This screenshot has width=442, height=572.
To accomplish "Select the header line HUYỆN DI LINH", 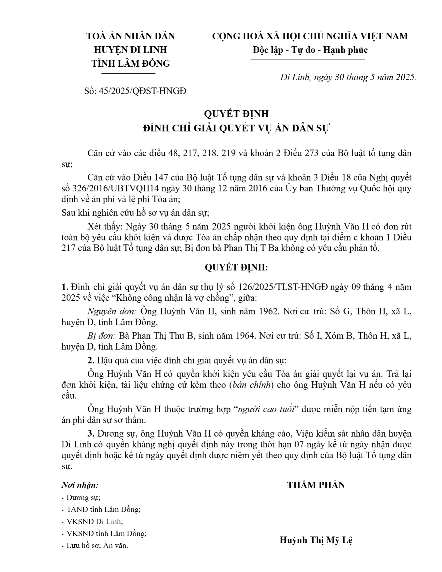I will click(x=131, y=50).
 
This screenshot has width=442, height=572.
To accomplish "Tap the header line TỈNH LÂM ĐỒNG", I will click(x=131, y=64).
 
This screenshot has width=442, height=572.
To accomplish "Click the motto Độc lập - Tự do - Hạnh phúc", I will click(x=310, y=50).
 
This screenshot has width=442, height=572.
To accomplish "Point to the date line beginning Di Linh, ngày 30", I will click(x=348, y=78).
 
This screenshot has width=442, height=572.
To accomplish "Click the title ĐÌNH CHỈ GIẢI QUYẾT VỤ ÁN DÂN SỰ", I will click(x=236, y=128).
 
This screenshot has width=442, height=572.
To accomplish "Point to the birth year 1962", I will click(x=269, y=311).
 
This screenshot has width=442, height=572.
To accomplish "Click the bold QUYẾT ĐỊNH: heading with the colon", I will click(x=236, y=268).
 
